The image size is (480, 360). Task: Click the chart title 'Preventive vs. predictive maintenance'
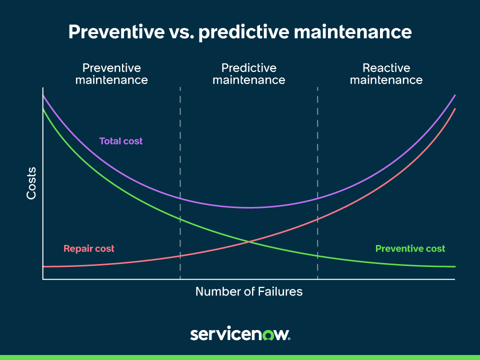point(240,32)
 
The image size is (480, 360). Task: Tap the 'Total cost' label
point(121,141)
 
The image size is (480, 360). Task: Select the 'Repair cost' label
point(89,248)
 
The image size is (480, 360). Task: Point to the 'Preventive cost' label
point(410,248)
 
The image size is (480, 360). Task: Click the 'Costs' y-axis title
point(31,183)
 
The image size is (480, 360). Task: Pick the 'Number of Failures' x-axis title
point(249,291)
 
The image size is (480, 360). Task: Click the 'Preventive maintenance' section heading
point(111,74)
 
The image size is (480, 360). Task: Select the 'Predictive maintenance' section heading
point(249,74)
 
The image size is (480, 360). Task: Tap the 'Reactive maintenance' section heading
point(386,74)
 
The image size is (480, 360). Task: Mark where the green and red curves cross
point(249,242)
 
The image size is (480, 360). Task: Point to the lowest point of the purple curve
point(249,208)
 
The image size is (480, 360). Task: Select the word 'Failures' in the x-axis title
point(280,291)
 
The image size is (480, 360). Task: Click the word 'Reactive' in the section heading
point(386,68)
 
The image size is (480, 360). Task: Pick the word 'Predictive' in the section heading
point(249,68)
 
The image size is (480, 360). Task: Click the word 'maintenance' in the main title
point(353,32)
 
